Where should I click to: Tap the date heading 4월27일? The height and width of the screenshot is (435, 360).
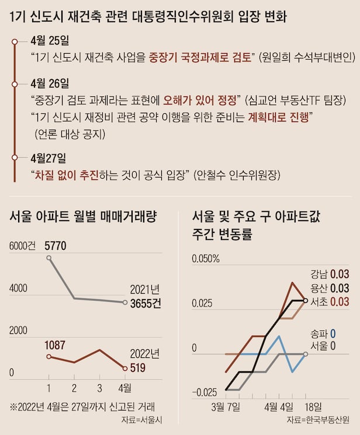50,158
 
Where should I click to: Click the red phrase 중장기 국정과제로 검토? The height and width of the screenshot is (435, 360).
200,57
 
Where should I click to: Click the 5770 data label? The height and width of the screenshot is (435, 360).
56,246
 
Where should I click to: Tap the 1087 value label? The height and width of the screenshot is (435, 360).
56,345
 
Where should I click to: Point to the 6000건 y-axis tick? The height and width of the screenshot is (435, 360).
22,246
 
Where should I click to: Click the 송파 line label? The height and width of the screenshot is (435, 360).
321,333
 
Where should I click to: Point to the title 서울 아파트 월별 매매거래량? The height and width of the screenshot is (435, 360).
84,217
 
